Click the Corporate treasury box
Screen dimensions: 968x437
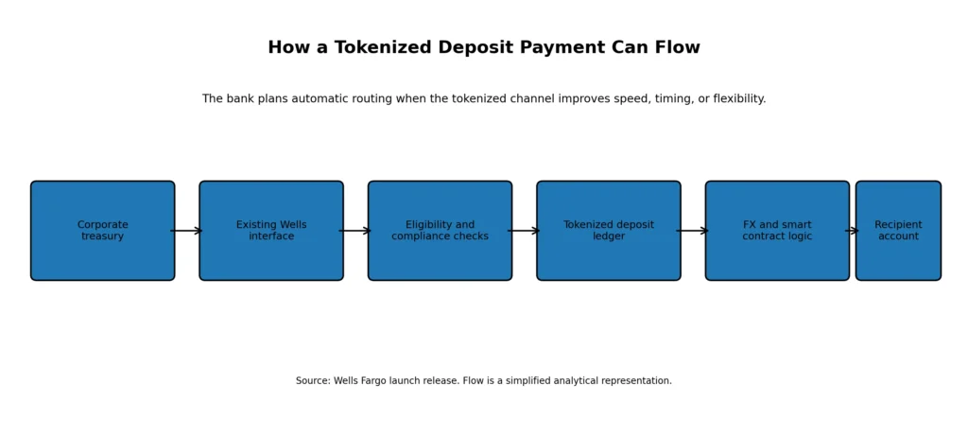[102, 231]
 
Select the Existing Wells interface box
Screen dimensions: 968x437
[271, 231]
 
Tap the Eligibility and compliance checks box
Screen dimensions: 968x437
[440, 231]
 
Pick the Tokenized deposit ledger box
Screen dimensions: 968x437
[609, 231]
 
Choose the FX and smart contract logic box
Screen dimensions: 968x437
[777, 231]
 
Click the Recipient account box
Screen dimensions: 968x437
[898, 231]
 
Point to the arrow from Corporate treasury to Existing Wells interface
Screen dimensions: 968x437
[186, 231]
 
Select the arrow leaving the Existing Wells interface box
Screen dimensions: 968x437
[355, 231]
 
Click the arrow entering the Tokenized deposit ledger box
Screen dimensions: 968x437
[524, 231]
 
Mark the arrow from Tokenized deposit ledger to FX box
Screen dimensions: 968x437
[692, 231]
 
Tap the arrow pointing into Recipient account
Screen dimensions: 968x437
[852, 231]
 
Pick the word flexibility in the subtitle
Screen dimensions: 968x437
[739, 99]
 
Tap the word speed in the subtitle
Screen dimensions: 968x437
[630, 99]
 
